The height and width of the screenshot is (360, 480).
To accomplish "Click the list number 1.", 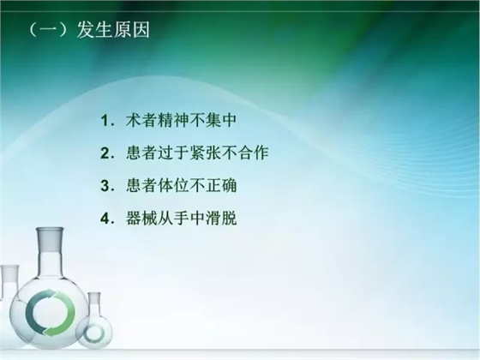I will pos(104,123).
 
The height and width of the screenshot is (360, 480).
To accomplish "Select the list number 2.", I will pos(104,155).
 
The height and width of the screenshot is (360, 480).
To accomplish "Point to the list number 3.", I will pos(104,187).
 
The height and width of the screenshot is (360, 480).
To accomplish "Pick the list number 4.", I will pos(104,219).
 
